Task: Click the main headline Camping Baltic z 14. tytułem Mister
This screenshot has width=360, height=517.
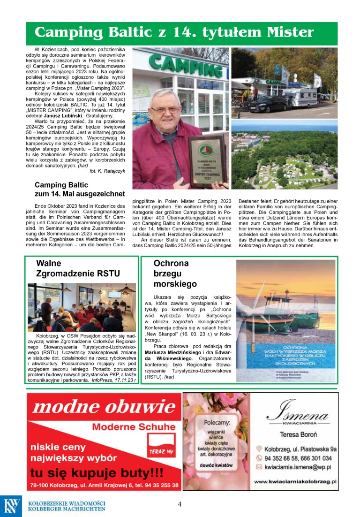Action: tap(174, 32)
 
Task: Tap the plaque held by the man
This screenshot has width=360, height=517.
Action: tap(208, 160)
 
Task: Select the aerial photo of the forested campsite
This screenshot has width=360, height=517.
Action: tap(284, 154)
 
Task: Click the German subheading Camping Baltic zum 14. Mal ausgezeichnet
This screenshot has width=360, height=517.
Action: tap(80, 189)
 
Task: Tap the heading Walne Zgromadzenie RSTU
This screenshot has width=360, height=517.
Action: tap(78, 268)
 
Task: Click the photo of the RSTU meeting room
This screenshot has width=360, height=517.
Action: tap(82, 307)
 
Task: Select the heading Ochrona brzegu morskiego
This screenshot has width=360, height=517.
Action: tap(175, 274)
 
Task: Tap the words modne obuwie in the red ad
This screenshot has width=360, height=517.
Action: tap(104, 406)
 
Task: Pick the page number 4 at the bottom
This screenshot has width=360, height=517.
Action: tap(180, 504)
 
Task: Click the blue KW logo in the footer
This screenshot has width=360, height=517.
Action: tap(11, 506)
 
